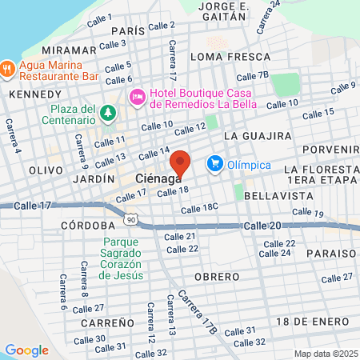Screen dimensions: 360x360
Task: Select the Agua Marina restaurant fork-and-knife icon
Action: [x=6, y=68]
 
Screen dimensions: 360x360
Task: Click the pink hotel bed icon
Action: [x=136, y=96]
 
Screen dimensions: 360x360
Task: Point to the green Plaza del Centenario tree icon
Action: [x=108, y=113]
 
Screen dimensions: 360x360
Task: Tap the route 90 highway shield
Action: [x=130, y=218]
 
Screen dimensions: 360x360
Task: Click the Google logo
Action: [x=26, y=350]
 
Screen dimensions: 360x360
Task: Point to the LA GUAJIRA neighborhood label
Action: [x=254, y=137]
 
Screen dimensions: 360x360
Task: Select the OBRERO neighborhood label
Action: [x=215, y=276]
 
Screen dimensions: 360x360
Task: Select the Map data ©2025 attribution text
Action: [x=324, y=354]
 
